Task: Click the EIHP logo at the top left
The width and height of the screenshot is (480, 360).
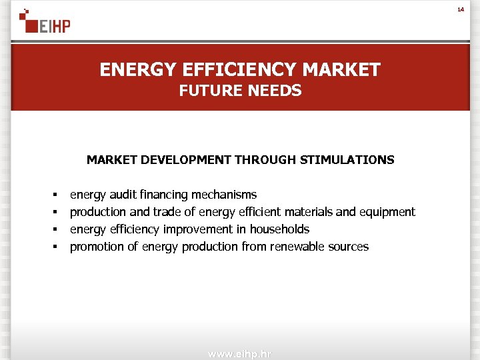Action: [45, 22]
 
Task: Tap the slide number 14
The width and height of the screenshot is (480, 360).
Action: [459, 9]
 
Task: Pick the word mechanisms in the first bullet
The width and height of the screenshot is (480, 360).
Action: [224, 195]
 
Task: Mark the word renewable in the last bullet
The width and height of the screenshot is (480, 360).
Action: [299, 247]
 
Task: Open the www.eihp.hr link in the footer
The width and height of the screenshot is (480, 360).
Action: [240, 354]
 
